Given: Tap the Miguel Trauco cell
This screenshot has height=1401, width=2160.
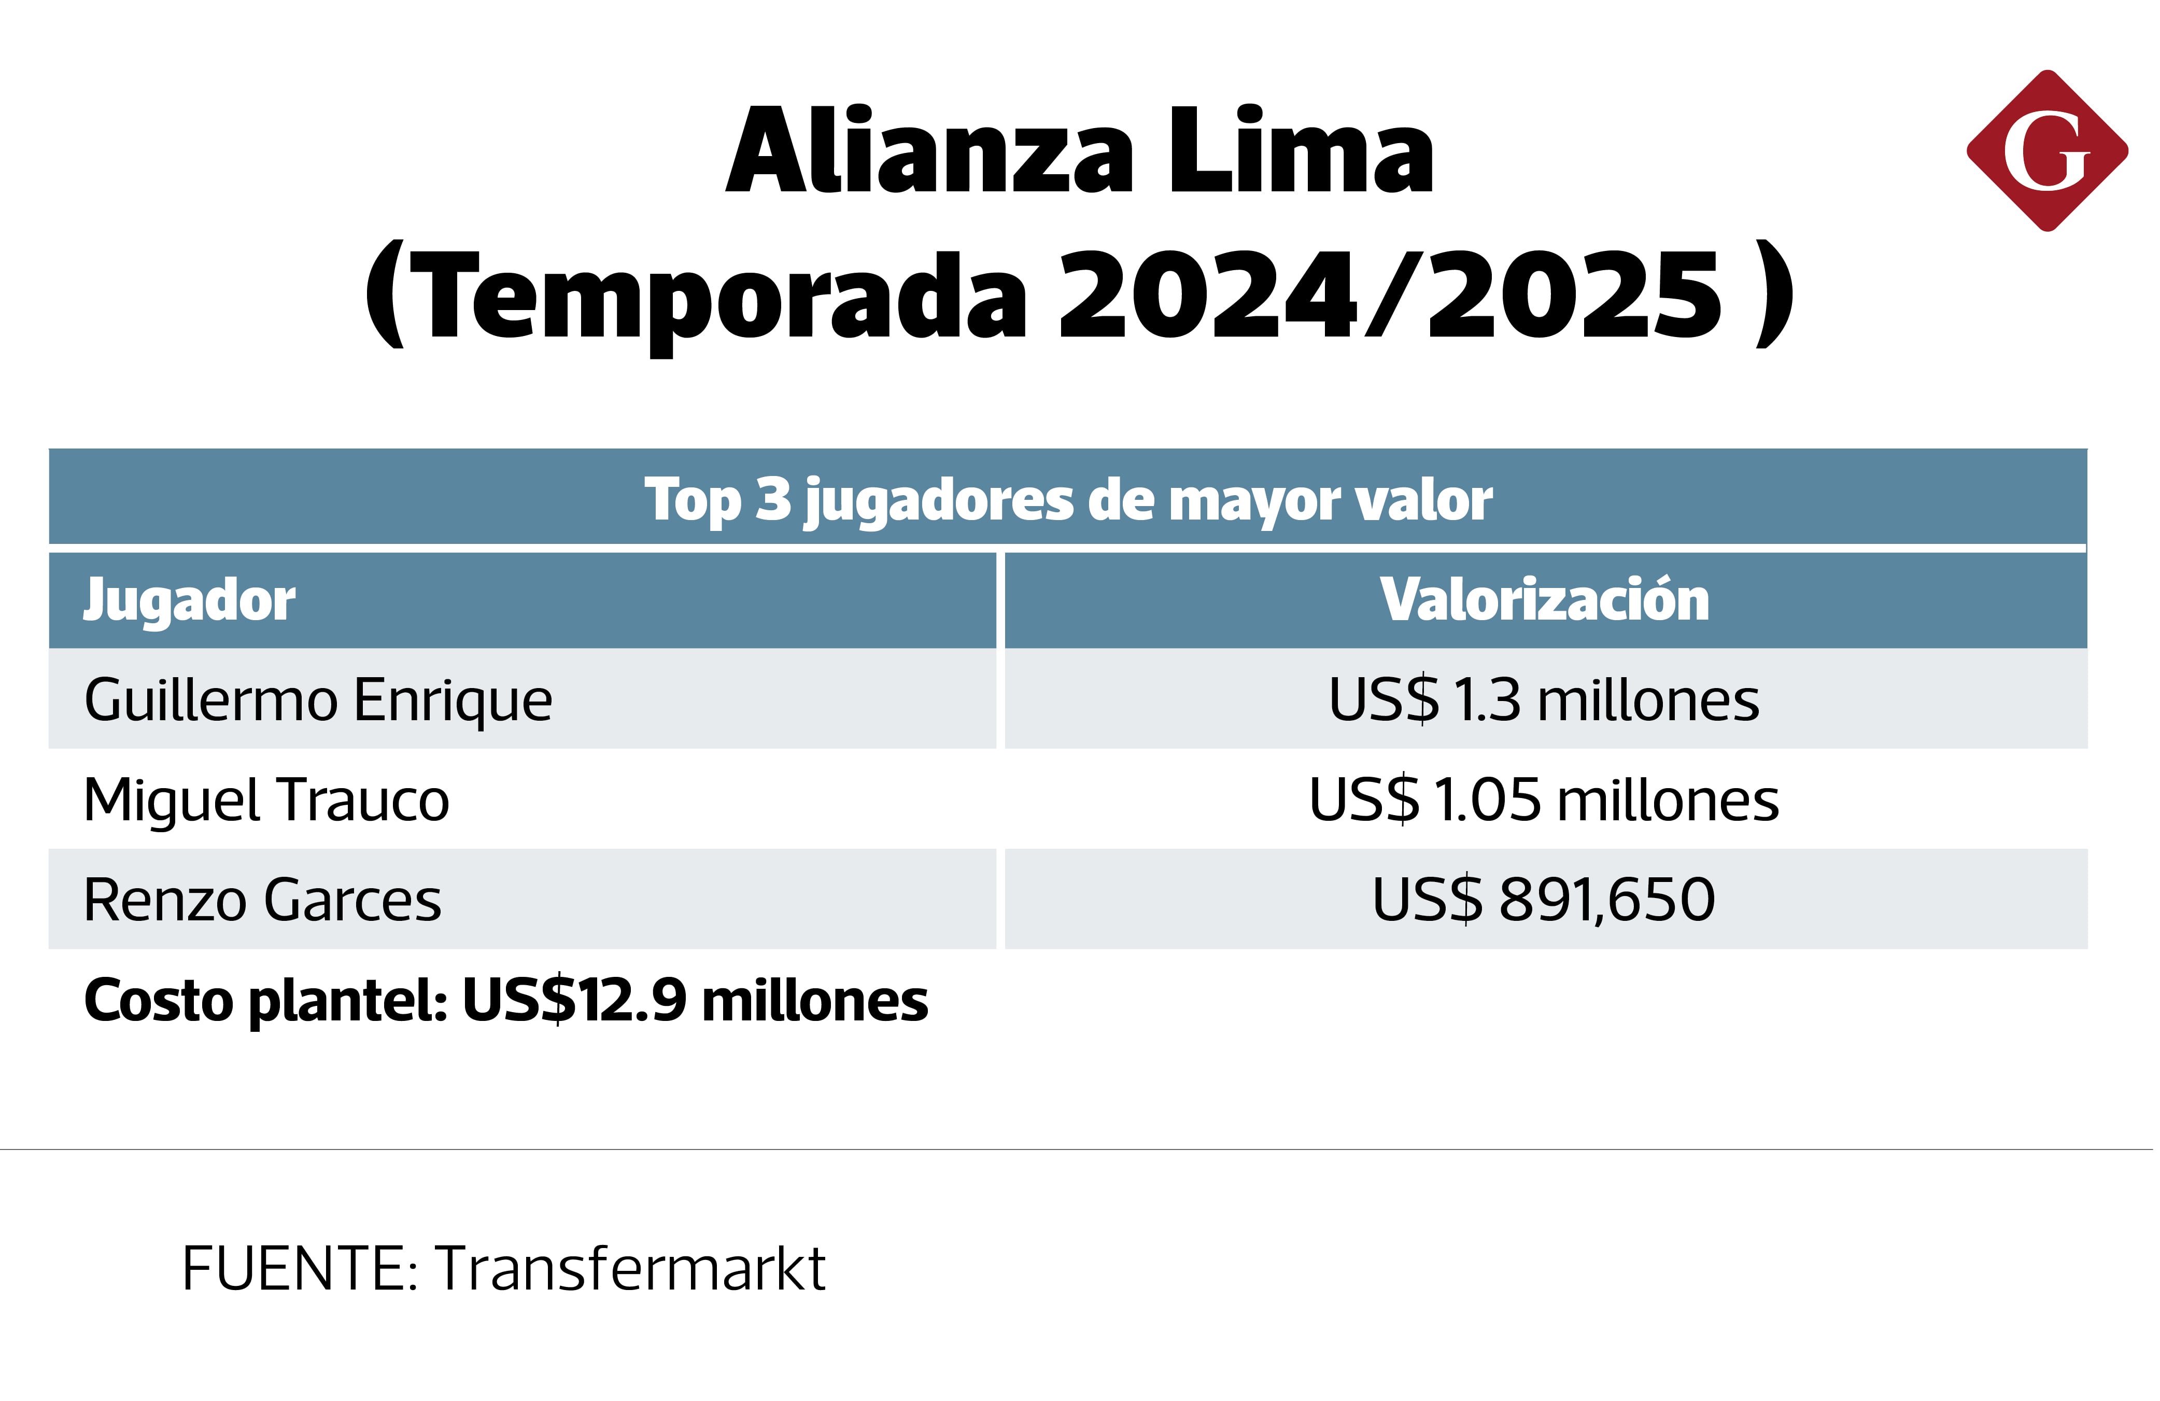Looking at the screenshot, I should point(266,800).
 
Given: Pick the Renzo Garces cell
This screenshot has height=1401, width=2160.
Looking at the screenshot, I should point(262,900).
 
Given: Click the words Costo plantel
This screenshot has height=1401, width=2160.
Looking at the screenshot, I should point(265,1001).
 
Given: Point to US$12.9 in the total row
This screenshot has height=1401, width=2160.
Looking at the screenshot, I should point(574,1001).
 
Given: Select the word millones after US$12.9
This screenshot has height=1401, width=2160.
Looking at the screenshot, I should point(814,1001).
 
